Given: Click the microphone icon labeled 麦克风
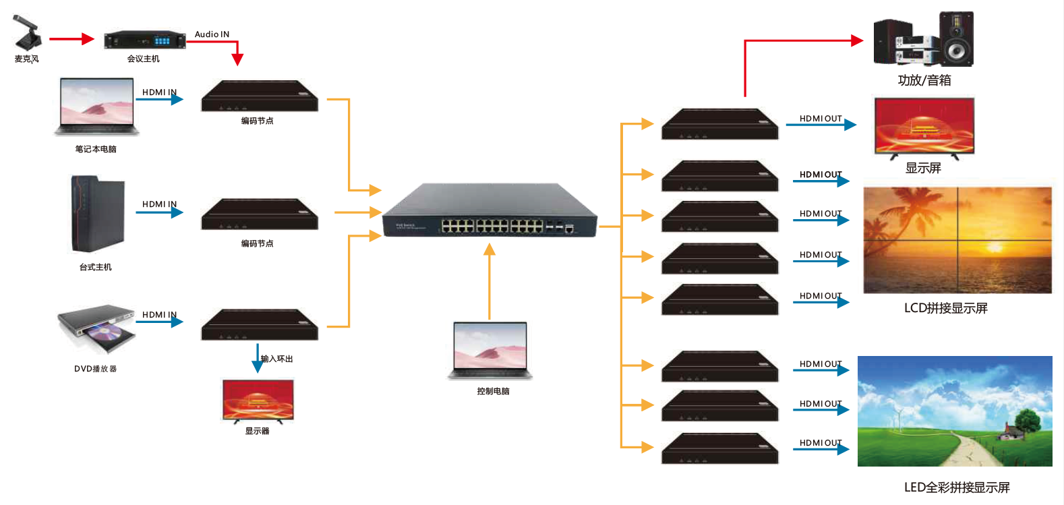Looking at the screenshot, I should (27, 33).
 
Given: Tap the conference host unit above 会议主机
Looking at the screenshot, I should (145, 40).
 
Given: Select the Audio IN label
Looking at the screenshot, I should (212, 34).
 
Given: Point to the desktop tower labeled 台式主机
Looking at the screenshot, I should (98, 214).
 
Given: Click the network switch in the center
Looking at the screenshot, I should (490, 211).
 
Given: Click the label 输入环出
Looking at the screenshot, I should (277, 359).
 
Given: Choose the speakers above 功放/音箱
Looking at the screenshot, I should (923, 40).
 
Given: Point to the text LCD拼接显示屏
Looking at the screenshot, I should (945, 308).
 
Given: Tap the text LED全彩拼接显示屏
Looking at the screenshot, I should (956, 487).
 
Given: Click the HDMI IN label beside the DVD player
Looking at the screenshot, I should (159, 315).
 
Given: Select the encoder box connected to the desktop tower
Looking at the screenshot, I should (260, 214).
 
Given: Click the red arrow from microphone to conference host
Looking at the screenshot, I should (71, 39).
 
